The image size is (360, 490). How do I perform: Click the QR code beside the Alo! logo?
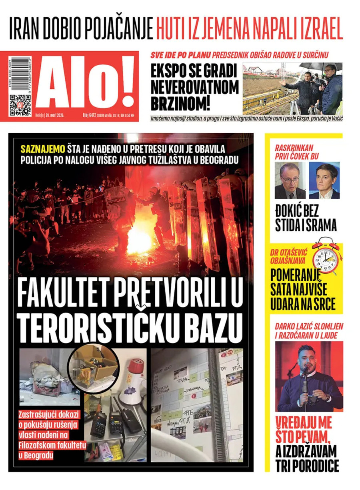point(20,104)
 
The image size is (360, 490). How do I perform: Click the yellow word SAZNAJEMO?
point(43,149)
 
